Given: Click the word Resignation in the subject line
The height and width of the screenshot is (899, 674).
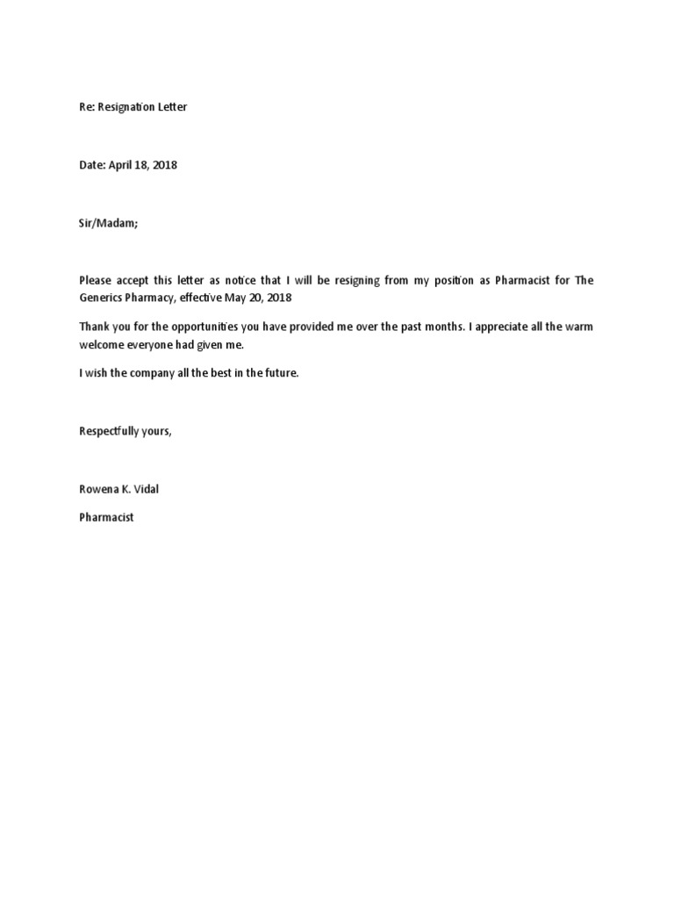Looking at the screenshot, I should coord(126,107).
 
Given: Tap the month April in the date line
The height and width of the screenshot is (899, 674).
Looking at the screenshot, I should coord(124,165).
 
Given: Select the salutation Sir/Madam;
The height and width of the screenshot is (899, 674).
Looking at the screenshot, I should coord(109,223).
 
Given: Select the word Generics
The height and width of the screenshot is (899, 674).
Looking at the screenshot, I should coord(102,298).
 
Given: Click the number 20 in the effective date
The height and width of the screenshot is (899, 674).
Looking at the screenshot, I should coord(261,298).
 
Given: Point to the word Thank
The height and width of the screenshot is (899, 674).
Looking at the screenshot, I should coord(94,327).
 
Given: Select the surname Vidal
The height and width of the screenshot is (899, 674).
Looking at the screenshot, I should coord(145,489).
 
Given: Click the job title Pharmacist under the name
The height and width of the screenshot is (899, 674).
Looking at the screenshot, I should coord(106,518).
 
